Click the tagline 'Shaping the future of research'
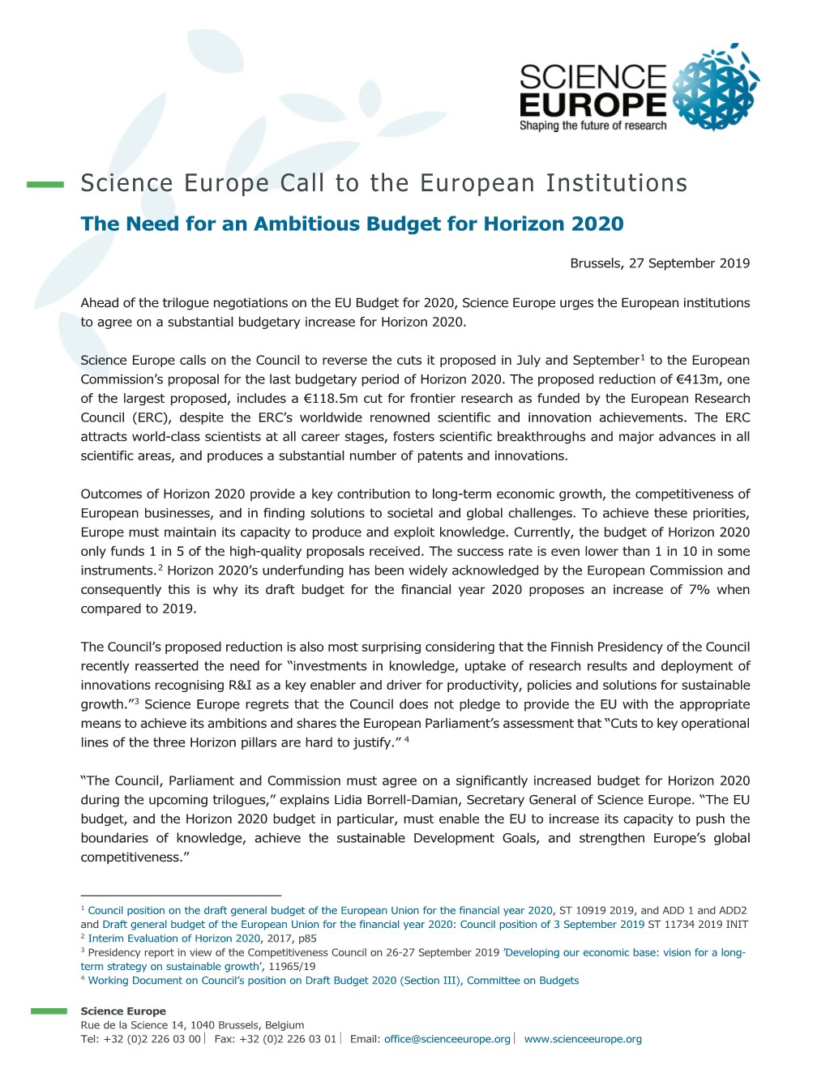point(593,126)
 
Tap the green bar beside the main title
point(45,185)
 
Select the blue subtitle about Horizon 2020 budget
point(352,224)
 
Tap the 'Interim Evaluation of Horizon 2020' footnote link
point(173,938)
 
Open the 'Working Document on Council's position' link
point(333,981)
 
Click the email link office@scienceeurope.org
point(447,1039)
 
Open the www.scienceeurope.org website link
point(583,1039)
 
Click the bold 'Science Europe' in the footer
point(123,1011)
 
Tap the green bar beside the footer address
point(49,1011)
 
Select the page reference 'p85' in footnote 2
point(307,938)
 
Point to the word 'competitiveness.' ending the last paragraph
point(132,857)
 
